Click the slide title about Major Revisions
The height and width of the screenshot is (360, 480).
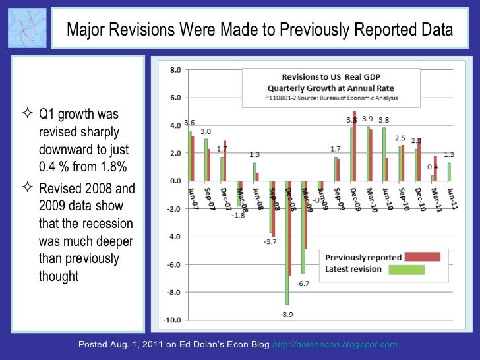click(259, 30)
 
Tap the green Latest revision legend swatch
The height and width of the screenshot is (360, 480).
click(406, 269)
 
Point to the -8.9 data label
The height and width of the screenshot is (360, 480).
click(286, 315)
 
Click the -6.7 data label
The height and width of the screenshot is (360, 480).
click(303, 284)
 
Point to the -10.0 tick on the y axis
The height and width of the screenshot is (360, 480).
click(173, 320)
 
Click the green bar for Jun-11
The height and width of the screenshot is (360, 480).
click(449, 171)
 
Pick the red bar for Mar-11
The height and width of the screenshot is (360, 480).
click(436, 168)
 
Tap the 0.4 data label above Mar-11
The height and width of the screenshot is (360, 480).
click(432, 167)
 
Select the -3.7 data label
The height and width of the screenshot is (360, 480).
click(270, 242)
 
